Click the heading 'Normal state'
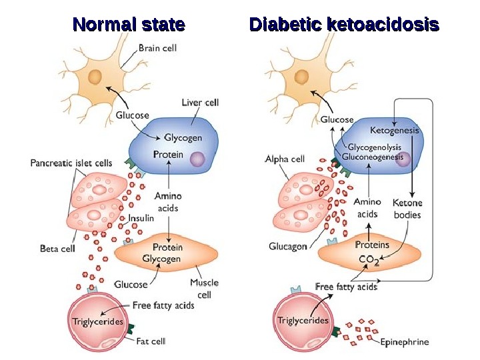(129, 25)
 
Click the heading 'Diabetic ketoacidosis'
(344, 25)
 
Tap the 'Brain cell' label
(158, 48)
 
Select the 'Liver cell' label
(200, 103)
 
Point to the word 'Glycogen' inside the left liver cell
(183, 138)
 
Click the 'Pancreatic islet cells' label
(71, 163)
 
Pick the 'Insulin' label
(141, 218)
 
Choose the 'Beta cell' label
(57, 249)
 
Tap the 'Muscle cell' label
(204, 288)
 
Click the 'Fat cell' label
(151, 341)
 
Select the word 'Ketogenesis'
(394, 131)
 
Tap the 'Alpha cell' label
(285, 159)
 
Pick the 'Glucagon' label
(288, 246)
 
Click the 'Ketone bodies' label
(407, 209)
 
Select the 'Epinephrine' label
(405, 343)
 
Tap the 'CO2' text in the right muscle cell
(369, 261)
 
